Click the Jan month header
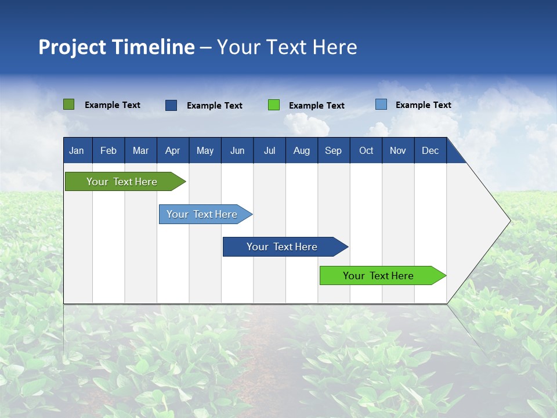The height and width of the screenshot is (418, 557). [x=77, y=150]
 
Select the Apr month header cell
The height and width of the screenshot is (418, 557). [x=173, y=150]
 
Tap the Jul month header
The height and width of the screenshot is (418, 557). [x=269, y=150]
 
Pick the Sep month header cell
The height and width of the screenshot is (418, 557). [x=334, y=150]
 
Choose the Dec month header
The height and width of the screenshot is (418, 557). [x=431, y=150]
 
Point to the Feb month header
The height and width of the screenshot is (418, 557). [x=108, y=150]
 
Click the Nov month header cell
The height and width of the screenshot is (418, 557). [x=398, y=150]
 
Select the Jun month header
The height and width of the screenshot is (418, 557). [x=237, y=150]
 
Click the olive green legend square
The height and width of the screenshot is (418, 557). [x=69, y=105]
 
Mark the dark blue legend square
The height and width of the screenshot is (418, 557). [x=171, y=105]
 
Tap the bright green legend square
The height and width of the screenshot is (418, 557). [x=274, y=105]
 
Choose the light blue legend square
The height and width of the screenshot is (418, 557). [x=381, y=105]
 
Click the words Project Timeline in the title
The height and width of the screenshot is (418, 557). [x=117, y=47]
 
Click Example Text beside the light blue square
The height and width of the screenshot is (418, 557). [x=423, y=105]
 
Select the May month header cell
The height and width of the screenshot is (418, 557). [x=205, y=150]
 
